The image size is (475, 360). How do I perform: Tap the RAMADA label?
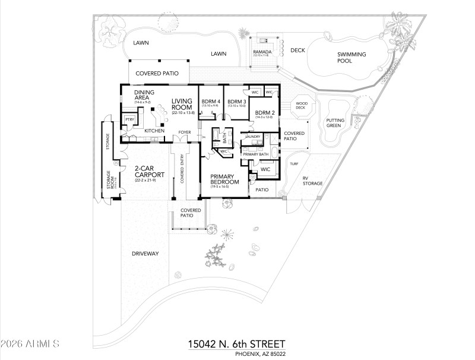[262, 52]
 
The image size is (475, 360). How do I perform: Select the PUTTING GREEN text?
[335, 123]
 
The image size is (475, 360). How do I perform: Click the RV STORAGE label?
[312, 181]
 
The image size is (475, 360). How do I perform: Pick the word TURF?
[293, 163]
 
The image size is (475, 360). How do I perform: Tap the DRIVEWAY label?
[145, 254]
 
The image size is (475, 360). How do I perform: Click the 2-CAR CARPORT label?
[145, 172]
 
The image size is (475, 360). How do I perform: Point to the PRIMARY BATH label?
[256, 154]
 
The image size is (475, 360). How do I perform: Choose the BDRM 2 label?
[264, 112]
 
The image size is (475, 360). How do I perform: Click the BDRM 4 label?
[210, 101]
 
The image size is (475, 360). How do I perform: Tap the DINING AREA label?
[144, 95]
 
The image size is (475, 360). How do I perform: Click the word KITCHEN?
[154, 131]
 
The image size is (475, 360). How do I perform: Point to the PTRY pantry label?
[128, 120]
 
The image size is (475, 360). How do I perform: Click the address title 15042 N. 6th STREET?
[236, 344]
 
